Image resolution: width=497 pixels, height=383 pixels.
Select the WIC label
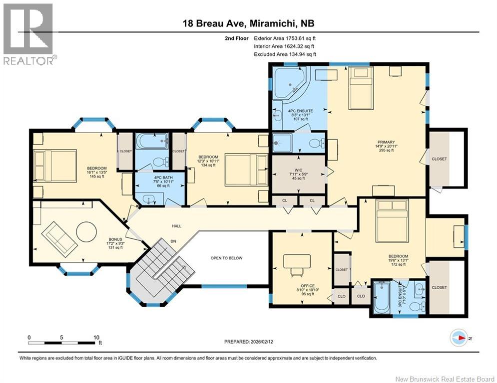point(298,170)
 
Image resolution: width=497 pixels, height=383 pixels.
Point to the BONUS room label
point(115,239)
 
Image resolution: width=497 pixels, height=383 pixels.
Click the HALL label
point(176,226)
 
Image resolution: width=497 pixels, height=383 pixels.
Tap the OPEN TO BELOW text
point(226,258)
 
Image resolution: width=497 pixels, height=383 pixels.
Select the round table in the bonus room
point(86,232)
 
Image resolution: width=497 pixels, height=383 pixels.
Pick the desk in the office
point(297,261)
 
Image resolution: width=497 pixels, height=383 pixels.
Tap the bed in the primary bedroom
point(361,88)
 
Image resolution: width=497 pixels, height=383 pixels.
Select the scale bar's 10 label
point(96,338)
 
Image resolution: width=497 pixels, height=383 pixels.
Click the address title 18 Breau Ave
point(214,23)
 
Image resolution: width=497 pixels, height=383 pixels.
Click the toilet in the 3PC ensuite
point(417,306)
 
